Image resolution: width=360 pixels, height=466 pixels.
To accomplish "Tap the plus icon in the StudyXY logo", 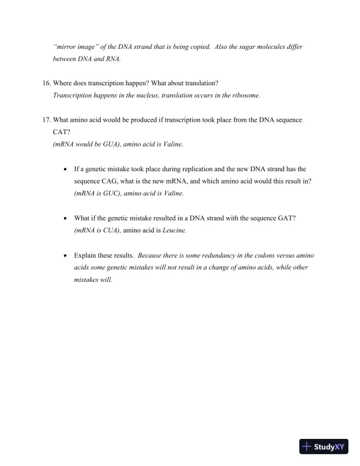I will pyautogui.click(x=306, y=447).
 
